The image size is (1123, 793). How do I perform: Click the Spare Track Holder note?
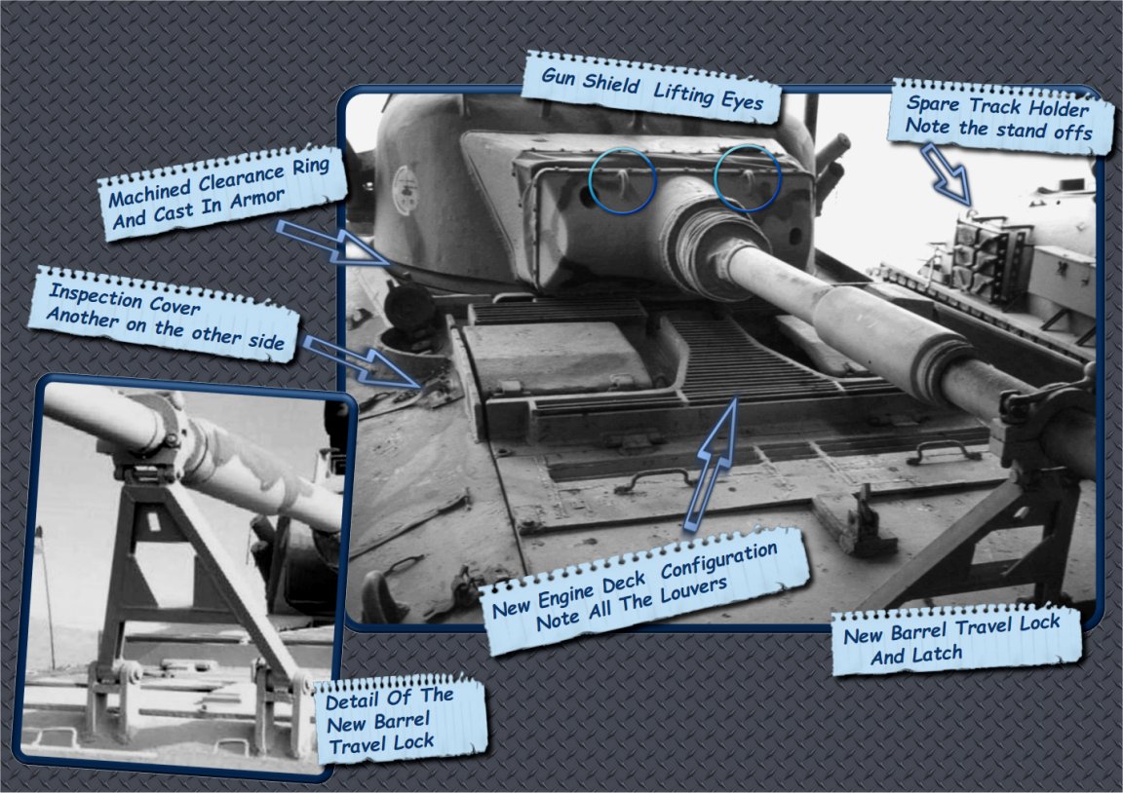pyautogui.click(x=1000, y=117)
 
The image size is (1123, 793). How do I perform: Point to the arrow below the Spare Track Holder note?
pyautogui.click(x=947, y=174)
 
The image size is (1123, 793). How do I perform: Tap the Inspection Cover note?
pyautogui.click(x=165, y=315)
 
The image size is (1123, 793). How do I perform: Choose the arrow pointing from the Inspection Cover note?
pyautogui.click(x=361, y=361)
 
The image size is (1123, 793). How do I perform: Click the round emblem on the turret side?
pyautogui.click(x=406, y=190)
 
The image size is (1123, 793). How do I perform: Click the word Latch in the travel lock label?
pyautogui.click(x=937, y=654)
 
